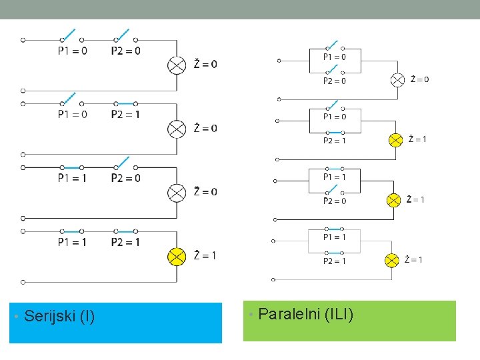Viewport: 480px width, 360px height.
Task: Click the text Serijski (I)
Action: (x=59, y=316)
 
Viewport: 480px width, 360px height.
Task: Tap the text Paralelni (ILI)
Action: (x=305, y=313)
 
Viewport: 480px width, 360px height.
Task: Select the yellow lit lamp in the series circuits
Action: (x=177, y=256)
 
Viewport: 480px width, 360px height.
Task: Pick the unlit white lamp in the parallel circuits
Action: (x=397, y=80)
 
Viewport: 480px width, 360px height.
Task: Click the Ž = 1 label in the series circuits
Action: (x=205, y=255)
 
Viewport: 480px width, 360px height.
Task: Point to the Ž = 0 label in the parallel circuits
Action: (x=419, y=79)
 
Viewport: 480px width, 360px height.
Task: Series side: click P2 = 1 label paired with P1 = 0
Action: (x=125, y=114)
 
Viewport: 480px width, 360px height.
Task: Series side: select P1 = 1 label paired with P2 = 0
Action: (x=72, y=178)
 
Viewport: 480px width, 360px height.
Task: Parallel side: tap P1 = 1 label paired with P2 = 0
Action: (x=335, y=177)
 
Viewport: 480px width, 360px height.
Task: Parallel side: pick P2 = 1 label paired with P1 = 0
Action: (x=335, y=141)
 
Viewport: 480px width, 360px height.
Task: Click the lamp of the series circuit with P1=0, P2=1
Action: (x=177, y=128)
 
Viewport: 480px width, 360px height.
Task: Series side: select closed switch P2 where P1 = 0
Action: (x=125, y=103)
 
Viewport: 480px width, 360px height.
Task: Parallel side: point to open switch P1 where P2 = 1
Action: (x=335, y=107)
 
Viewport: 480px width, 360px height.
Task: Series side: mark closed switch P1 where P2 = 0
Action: (x=72, y=167)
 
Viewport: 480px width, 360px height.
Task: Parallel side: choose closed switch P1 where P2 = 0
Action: (x=335, y=169)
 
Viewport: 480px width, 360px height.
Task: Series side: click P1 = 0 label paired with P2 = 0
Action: (x=72, y=50)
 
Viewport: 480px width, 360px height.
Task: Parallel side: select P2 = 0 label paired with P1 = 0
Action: (x=335, y=81)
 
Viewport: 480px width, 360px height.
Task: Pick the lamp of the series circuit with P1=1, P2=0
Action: (x=177, y=192)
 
